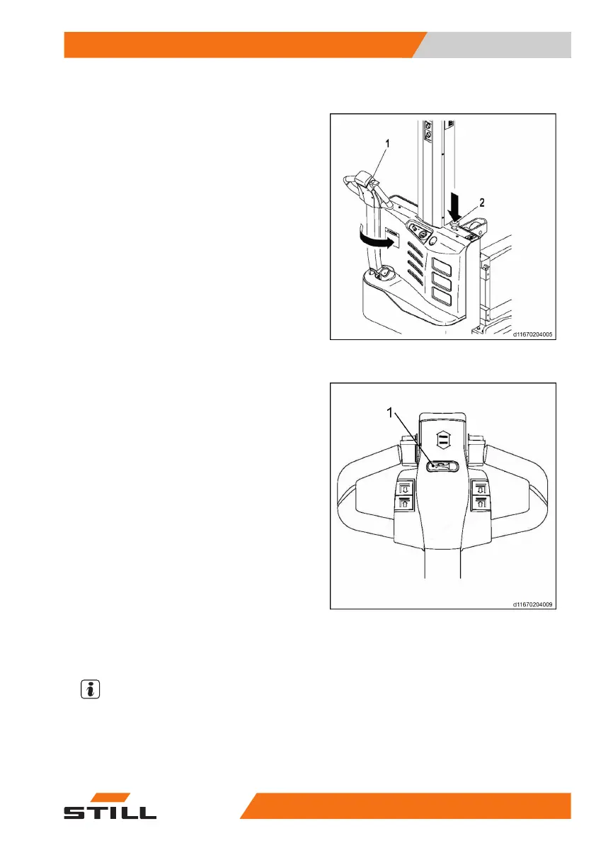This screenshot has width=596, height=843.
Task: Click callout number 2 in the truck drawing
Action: point(481,203)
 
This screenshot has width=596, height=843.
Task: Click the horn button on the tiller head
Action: point(442,466)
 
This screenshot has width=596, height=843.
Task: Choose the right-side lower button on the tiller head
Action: point(481,488)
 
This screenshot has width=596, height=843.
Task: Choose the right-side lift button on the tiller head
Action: point(481,504)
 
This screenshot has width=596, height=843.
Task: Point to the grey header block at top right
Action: point(495,45)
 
